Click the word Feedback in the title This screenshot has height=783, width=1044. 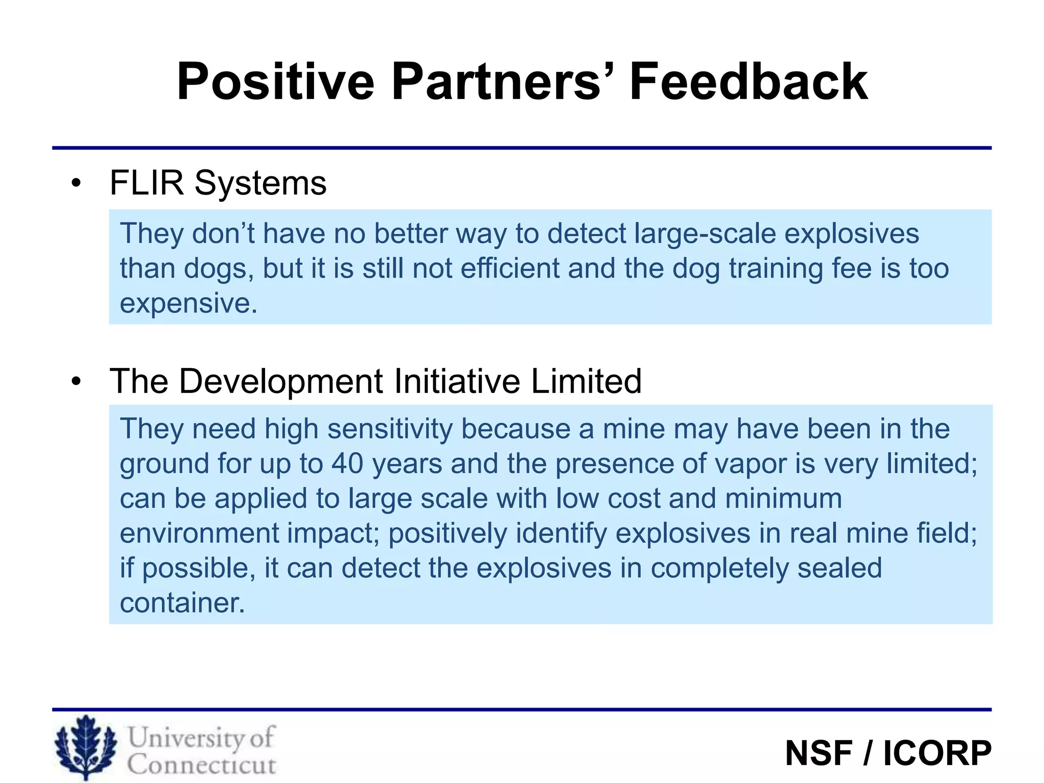748,82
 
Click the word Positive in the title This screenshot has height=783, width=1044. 275,82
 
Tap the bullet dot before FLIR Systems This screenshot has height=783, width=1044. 76,184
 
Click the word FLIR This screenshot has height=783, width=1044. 146,182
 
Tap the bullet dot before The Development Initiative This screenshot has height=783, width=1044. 76,381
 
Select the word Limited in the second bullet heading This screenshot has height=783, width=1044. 586,381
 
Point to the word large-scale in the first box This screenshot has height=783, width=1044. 704,234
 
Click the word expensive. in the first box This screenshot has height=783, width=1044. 189,304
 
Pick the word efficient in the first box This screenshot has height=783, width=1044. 510,269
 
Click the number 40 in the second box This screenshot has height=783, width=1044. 347,464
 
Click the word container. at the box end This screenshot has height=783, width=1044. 182,603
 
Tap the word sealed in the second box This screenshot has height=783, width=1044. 840,568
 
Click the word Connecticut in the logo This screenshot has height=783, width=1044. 201,765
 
